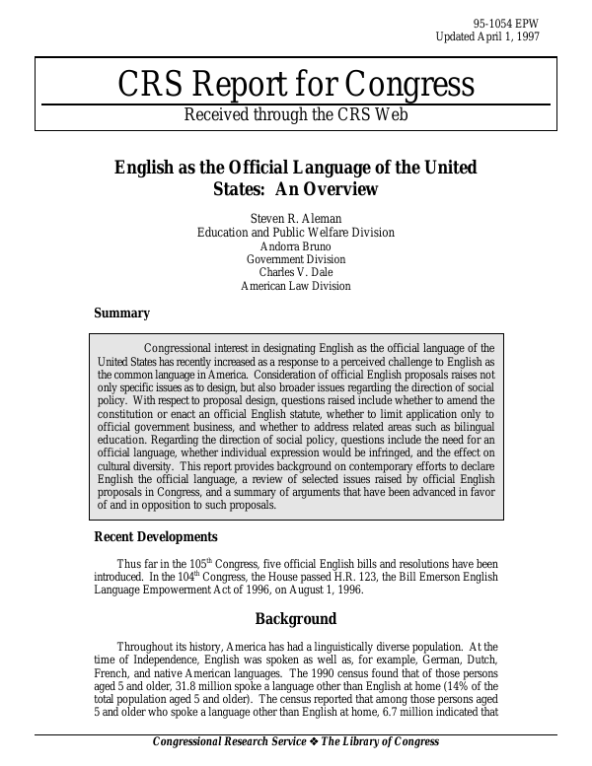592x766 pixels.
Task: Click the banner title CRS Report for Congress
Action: (296, 85)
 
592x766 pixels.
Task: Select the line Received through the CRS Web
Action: (296, 114)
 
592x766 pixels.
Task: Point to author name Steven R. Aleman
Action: (296, 218)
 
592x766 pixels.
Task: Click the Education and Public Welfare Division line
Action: (296, 233)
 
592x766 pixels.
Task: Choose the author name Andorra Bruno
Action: (296, 246)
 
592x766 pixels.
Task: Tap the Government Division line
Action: (296, 259)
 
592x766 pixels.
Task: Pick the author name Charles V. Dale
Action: (296, 273)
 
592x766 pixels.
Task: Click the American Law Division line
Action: (296, 287)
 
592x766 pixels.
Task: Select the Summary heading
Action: (121, 313)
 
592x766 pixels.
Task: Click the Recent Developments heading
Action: (156, 537)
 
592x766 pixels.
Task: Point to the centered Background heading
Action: (296, 619)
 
